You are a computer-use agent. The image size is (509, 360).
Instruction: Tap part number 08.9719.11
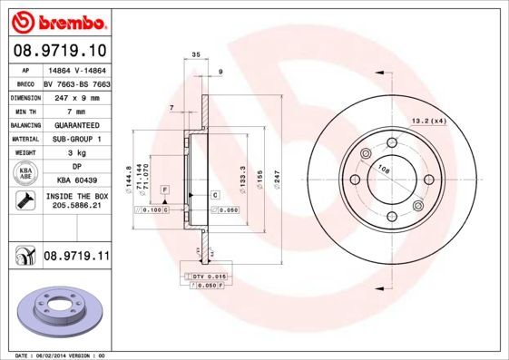tap(76, 258)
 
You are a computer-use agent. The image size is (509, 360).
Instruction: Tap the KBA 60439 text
tap(76, 181)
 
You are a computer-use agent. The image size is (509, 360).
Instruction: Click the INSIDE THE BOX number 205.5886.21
tap(76, 205)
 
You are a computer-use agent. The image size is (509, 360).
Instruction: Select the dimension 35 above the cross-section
tap(196, 56)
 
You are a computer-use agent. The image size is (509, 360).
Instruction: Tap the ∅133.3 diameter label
tap(241, 177)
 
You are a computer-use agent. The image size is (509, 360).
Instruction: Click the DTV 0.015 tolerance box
tap(209, 274)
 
